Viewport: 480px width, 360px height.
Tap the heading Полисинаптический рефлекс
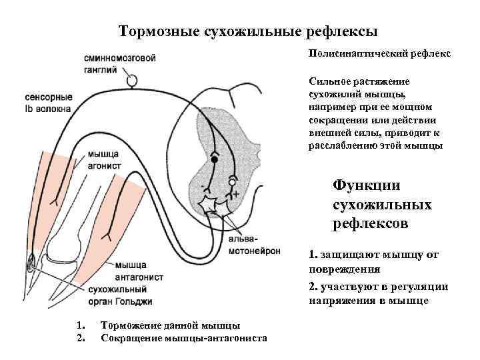click(x=379, y=53)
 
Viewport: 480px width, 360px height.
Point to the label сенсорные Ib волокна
click(x=47, y=103)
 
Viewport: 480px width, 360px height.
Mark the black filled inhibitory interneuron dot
click(x=214, y=160)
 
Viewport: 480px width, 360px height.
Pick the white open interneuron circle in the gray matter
click(x=232, y=181)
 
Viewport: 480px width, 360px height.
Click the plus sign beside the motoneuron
click(x=236, y=194)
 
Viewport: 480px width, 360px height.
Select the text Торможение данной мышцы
click(x=170, y=325)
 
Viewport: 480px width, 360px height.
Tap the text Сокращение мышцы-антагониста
click(x=183, y=338)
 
